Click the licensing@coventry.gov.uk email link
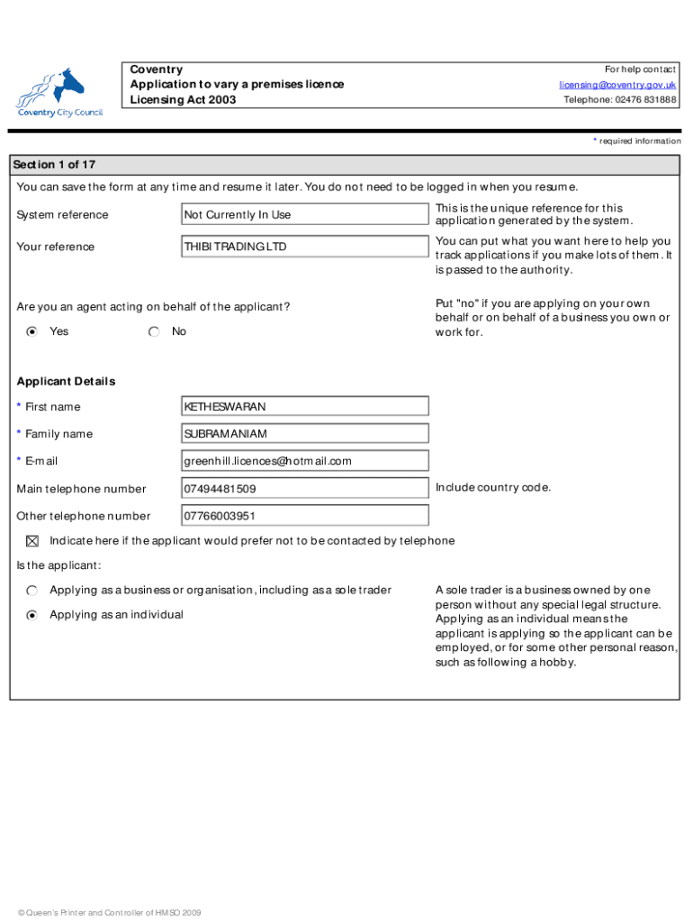617,85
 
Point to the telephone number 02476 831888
620,100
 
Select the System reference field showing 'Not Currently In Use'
305,214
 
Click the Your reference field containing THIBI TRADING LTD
305,247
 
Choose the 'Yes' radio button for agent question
32,331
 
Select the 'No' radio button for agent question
155,331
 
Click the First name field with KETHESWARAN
305,407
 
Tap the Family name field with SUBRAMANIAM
305,434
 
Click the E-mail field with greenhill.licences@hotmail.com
305,461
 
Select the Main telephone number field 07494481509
305,489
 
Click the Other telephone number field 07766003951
305,516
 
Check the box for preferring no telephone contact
32,541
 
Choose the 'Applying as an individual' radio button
32,615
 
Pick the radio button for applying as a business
32,591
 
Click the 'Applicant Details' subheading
67,381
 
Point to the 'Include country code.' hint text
492,488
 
